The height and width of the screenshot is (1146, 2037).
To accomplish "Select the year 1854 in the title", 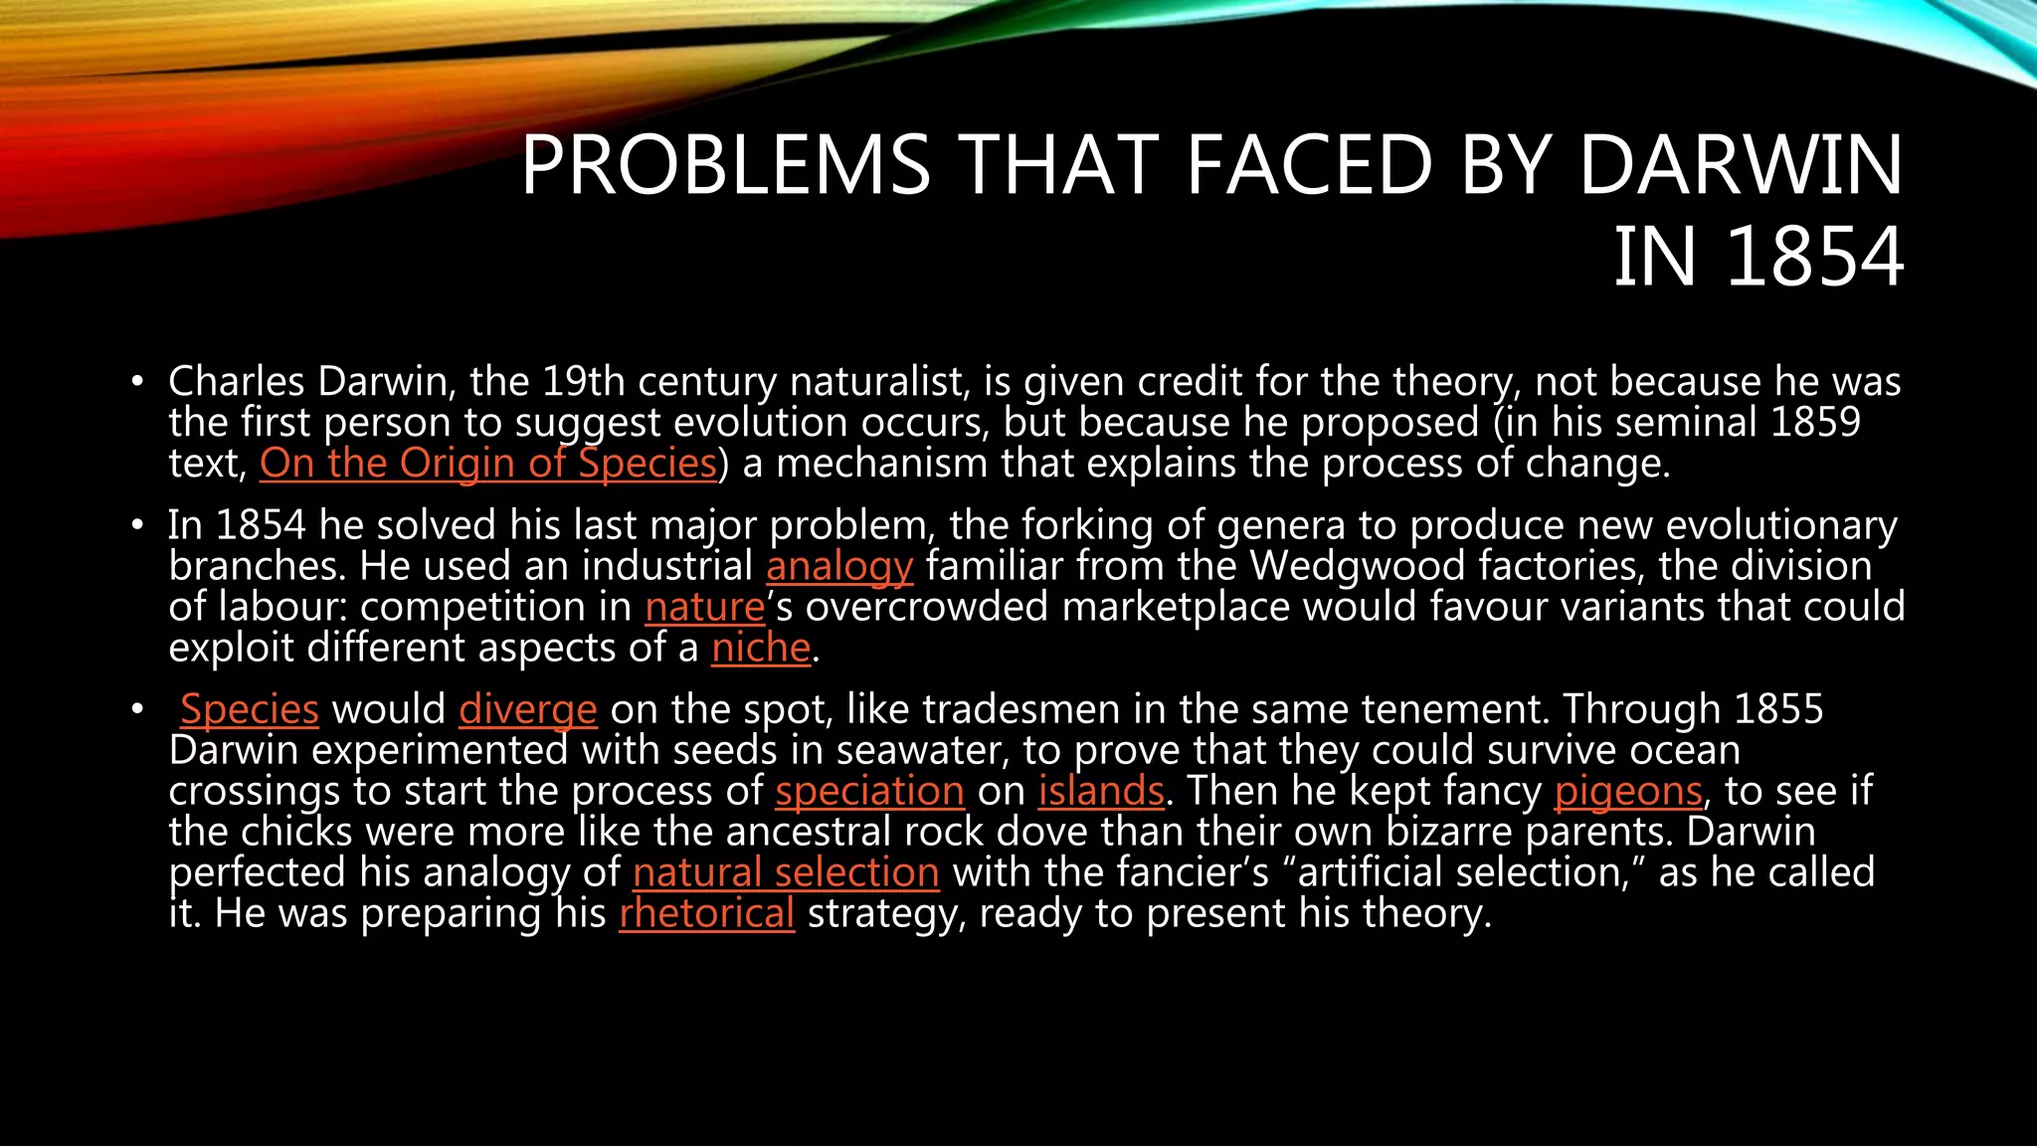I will click(x=1815, y=257).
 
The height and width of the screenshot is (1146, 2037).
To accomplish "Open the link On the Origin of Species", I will click(x=488, y=464).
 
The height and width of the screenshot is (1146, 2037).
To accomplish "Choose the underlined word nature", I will click(x=704, y=607).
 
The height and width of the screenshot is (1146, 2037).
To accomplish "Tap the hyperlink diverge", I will click(x=527, y=710).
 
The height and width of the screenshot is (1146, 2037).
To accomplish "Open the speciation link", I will click(x=869, y=792).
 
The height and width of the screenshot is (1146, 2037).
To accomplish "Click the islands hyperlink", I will click(x=1101, y=791).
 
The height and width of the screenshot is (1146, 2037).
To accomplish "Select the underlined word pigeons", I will click(x=1628, y=792).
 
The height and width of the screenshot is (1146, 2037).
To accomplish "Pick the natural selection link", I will click(x=786, y=872).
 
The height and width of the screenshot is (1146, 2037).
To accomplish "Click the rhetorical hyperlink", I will click(x=706, y=913).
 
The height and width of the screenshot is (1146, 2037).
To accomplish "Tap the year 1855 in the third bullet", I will click(x=1778, y=709).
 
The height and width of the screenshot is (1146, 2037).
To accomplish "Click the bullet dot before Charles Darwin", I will click(x=138, y=383).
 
